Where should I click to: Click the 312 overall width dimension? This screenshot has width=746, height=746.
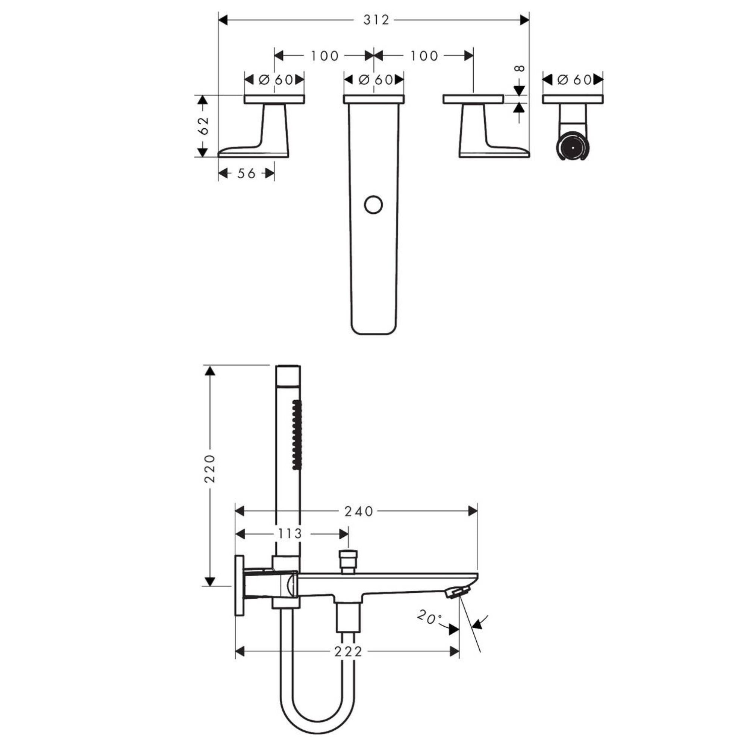[x=376, y=20]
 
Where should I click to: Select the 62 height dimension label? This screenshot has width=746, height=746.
[x=203, y=125]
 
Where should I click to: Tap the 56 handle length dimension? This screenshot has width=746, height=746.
[x=246, y=173]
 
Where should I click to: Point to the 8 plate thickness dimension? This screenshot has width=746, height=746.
[x=520, y=68]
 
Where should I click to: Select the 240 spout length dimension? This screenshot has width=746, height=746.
[x=359, y=511]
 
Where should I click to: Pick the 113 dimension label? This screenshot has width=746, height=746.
[x=290, y=534]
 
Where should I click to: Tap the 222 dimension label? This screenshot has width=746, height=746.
[x=348, y=652]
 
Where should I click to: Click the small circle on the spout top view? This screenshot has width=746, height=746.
[x=373, y=205]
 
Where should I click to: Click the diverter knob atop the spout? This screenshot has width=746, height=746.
[x=348, y=559]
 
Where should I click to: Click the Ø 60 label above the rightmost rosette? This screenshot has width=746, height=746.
[x=574, y=80]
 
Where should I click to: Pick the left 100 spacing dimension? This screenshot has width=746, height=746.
[x=325, y=56]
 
